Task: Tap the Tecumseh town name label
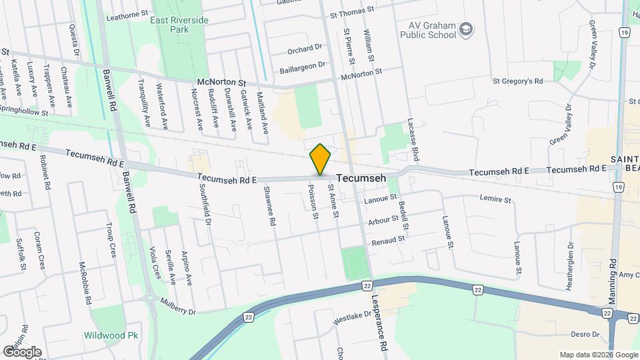(x=362, y=179)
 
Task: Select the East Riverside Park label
(x=179, y=25)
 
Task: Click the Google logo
(x=22, y=351)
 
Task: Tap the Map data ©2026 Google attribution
(x=597, y=355)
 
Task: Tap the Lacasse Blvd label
(x=414, y=143)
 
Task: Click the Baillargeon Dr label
(x=303, y=65)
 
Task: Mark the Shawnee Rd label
(x=269, y=206)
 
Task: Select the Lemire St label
(x=495, y=199)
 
